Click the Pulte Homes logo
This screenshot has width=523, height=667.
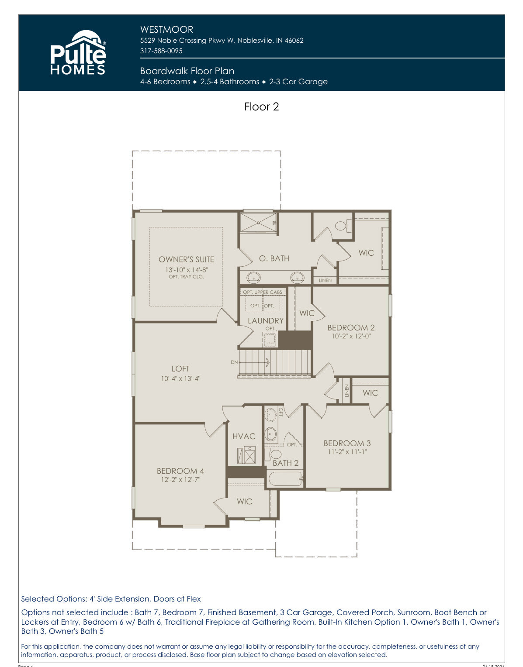[x=78, y=52]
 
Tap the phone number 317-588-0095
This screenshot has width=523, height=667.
[x=161, y=51]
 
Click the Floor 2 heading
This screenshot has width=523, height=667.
[x=261, y=107]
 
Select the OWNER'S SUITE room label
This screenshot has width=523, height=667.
[x=186, y=259]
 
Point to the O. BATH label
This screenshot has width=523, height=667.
[x=274, y=258]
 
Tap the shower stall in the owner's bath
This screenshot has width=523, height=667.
[x=258, y=223]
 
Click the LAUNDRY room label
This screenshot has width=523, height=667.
[x=266, y=321]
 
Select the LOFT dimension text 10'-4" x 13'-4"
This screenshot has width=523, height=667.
[x=180, y=378]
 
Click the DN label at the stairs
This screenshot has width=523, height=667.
[x=234, y=362]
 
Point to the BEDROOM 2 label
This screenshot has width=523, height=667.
[x=351, y=327]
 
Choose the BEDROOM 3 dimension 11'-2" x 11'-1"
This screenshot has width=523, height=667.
[x=347, y=451]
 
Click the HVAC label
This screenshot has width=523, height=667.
[x=244, y=436]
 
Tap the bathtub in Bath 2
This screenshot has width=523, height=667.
[x=285, y=478]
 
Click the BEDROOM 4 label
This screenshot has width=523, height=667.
[x=180, y=471]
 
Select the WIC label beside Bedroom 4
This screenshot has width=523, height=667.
[x=244, y=501]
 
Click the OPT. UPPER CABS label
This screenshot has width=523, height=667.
[x=263, y=292]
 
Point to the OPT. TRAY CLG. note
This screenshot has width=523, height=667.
[x=186, y=277]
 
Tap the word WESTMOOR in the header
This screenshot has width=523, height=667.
[x=166, y=30]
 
